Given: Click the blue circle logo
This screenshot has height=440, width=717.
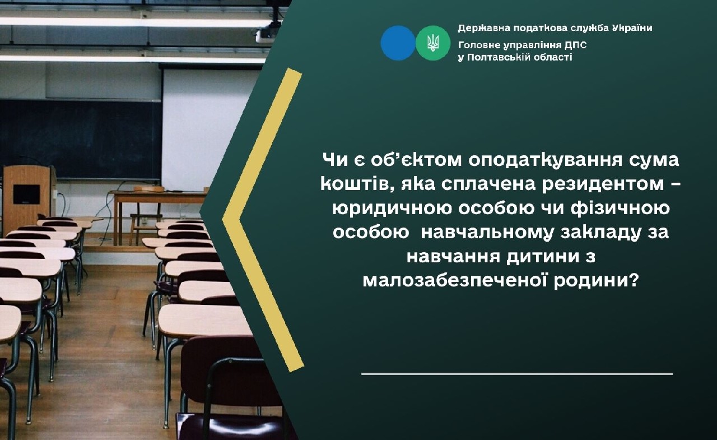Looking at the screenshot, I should pyautogui.click(x=398, y=43).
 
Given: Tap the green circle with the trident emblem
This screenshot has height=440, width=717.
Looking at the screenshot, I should pyautogui.click(x=433, y=43).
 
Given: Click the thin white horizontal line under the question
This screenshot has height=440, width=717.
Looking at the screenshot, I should pyautogui.click(x=516, y=373).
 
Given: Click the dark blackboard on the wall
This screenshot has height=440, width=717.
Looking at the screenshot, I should pyautogui.click(x=78, y=137).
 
